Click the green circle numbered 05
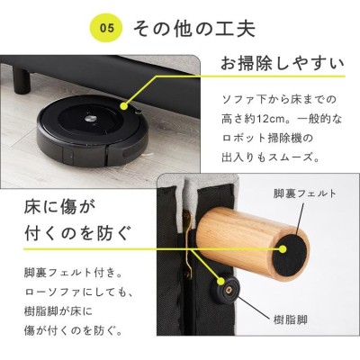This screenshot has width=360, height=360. pos(107,29)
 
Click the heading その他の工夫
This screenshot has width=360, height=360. pos(193,29)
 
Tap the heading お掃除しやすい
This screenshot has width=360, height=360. pos(283,64)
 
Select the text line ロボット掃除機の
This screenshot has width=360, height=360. pos(267,139)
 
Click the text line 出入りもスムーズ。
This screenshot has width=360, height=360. pos(271,157)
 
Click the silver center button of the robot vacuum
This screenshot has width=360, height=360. pos(90,118)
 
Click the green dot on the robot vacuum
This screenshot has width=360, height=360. pos(124,106)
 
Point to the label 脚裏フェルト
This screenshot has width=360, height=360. pos(304,193)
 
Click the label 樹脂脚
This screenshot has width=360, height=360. pos(291,319)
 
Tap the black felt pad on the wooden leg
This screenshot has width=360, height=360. pos(290,254)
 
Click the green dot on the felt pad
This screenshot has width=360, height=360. pos(283,249)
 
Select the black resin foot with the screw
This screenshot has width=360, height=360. pos(227,290)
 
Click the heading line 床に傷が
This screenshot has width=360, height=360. pos(59,207)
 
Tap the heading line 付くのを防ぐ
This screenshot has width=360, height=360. pos(77,233)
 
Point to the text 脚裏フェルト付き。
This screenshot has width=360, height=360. pos(73,273)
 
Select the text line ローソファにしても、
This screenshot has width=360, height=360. pos(77,292)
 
